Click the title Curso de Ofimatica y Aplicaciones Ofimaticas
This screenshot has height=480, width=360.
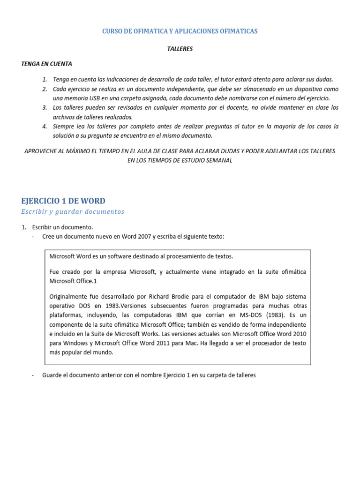coord(180,31)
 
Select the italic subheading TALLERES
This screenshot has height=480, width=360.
coord(180,48)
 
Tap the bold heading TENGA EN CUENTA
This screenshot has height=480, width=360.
coord(47,64)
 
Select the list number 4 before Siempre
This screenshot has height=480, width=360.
coord(44,127)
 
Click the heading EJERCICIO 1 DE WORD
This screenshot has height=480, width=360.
coord(63,201)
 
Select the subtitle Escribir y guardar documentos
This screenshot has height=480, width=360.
coord(73,211)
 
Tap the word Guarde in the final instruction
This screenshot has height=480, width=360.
coord(52,375)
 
